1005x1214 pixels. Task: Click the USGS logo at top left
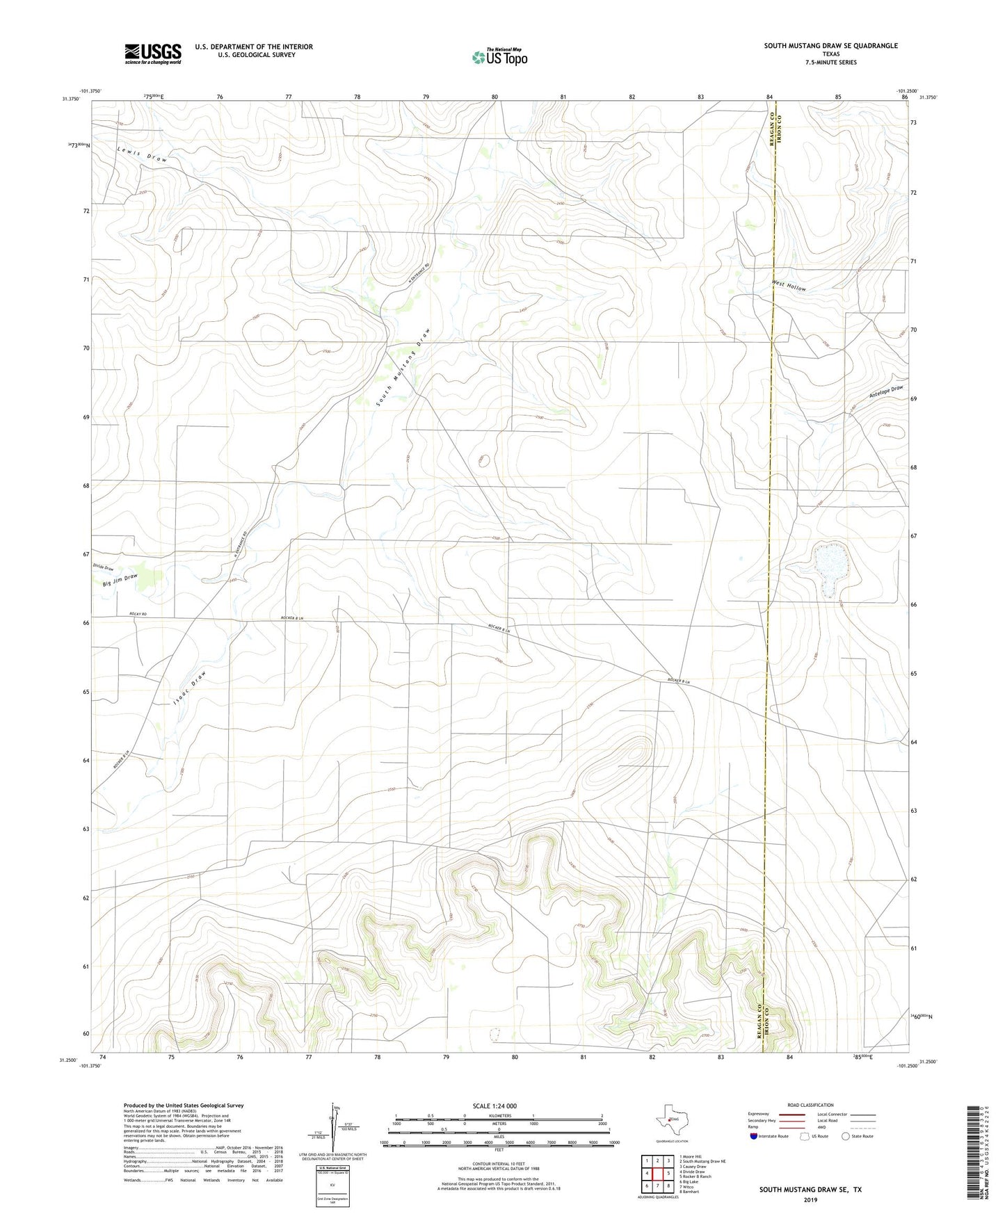(153, 54)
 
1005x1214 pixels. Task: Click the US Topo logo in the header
(499, 57)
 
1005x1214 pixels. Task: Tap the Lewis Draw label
(142, 154)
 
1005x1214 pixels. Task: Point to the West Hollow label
(789, 286)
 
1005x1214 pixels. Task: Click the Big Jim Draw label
(120, 578)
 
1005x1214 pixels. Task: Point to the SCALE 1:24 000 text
(495, 1106)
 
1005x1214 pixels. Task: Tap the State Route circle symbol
(845, 1136)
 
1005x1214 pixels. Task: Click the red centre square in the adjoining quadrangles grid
(657, 1174)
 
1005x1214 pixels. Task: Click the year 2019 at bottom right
(810, 1199)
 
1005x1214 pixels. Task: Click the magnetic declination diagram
(335, 1126)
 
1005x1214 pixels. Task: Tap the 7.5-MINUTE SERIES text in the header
(830, 63)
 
